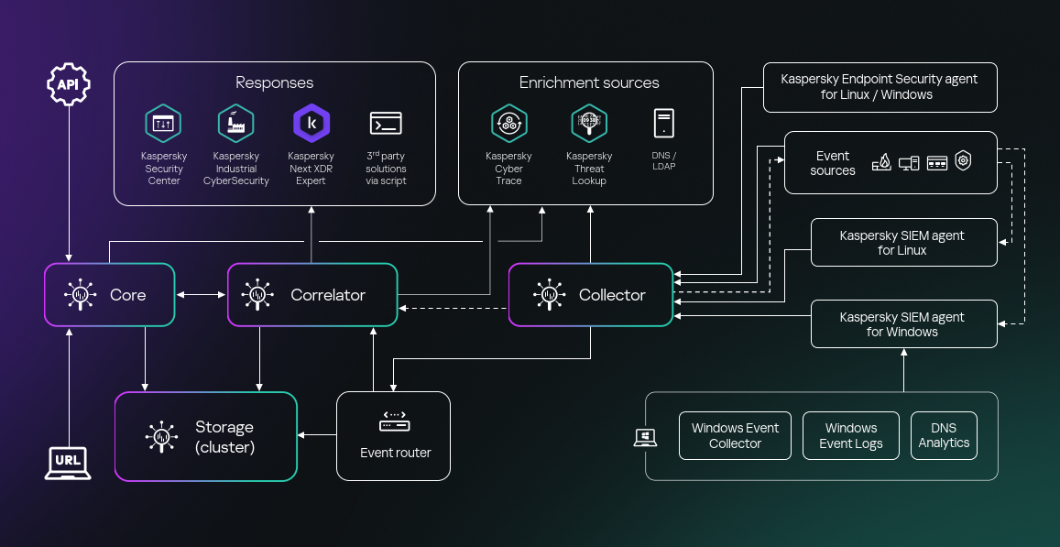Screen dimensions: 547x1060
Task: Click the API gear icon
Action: [x=69, y=84]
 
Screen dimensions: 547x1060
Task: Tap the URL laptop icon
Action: [x=69, y=461]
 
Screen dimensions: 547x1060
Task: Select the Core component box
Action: [x=109, y=295]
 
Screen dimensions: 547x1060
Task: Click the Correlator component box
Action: [x=312, y=295]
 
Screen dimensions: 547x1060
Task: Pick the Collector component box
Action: [x=591, y=295]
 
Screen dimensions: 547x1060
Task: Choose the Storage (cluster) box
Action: [x=206, y=437]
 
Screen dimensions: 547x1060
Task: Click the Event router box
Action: [x=394, y=435]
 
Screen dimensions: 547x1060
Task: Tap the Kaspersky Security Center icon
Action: [x=163, y=124]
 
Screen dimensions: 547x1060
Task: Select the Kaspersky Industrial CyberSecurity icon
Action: [x=236, y=124]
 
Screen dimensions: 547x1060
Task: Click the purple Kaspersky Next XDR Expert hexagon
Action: [x=311, y=124]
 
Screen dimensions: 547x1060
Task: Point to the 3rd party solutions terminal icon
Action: [x=386, y=124]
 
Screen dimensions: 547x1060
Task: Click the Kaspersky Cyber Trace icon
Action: [x=508, y=123]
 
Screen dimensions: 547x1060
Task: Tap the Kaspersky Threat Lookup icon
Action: [x=589, y=123]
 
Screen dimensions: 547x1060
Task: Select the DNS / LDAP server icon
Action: [x=663, y=124]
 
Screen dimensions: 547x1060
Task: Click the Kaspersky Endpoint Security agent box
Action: [x=880, y=87]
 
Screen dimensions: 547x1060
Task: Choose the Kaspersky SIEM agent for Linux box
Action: [x=903, y=243]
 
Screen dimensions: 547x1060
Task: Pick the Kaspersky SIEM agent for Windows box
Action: [x=903, y=324]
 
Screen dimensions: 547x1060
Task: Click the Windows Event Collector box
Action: [x=735, y=435]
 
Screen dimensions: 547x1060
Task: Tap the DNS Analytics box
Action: [x=944, y=435]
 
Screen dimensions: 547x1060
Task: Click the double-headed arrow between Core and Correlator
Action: [x=201, y=295]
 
